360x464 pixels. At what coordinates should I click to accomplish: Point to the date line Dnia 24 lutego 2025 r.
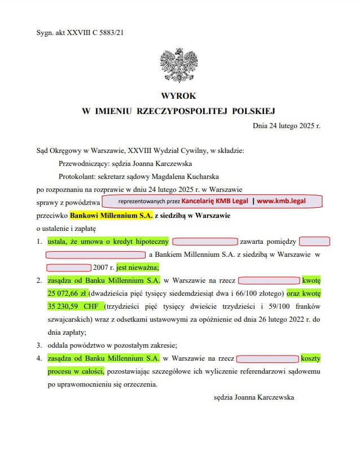coord(286,125)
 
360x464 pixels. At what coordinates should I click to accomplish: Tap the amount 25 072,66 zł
coord(66,294)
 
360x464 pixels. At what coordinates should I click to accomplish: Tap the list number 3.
coord(39,345)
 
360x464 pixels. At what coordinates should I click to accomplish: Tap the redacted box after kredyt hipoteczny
coord(204,242)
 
